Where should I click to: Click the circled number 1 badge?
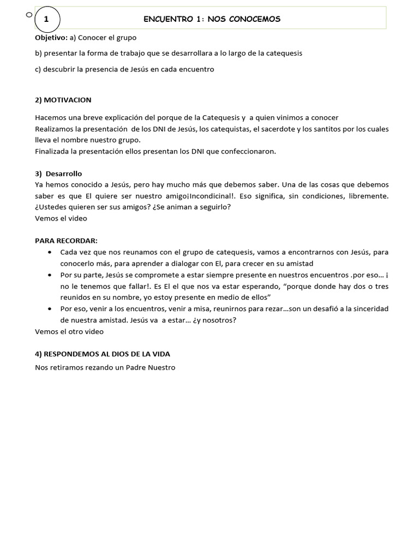[46, 20]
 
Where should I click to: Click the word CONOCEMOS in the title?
[256, 19]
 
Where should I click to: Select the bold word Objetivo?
[51, 38]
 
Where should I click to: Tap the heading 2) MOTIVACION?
[63, 100]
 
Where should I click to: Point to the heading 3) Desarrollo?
[58, 174]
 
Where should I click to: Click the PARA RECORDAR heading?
[66, 241]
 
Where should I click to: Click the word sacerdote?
[279, 129]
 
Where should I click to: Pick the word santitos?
[330, 129]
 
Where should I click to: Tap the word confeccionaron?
[248, 151]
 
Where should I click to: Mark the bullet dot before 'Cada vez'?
[50, 252]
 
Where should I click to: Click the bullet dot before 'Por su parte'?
[50, 275]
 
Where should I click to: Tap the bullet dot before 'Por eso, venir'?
[50, 309]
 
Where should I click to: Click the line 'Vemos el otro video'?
[69, 331]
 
